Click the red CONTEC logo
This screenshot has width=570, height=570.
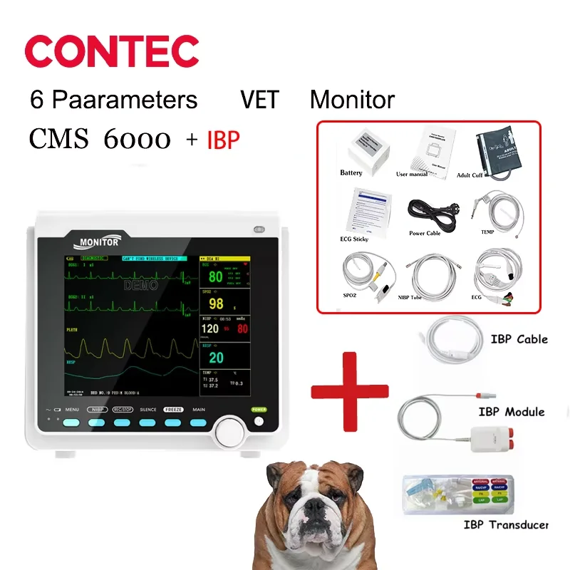[112, 51]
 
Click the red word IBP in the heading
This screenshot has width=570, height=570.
[223, 140]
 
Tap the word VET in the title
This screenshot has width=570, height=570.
[259, 99]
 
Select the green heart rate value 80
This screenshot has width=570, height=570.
[215, 276]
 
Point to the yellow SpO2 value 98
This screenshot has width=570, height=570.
[217, 304]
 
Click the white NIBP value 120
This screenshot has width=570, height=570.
[210, 329]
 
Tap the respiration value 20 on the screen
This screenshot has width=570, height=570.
[216, 358]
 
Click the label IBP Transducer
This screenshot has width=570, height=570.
[507, 525]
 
